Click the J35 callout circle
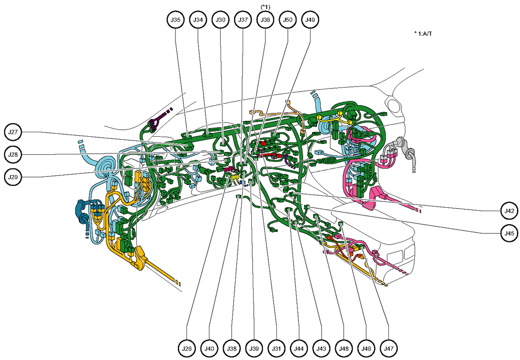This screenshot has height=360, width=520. pos(175,20)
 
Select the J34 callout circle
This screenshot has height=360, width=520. pos(198,20)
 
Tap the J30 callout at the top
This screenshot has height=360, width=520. pos(221,20)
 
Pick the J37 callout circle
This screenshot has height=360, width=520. pos(243,20)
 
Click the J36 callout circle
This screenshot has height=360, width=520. pos(265,20)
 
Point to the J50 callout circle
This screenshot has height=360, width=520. pos(288,20)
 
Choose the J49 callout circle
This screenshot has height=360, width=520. pos(310,20)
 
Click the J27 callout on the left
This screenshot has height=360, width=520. pos(14,132)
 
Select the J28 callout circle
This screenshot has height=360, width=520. pos(14,154)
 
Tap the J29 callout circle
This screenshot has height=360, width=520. pos(14,177)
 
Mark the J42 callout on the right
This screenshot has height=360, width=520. pos(509,211)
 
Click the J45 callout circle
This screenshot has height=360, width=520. pos(509,233)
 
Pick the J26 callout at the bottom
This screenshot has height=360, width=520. pos(187,348)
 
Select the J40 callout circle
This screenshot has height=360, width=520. pos(210,348)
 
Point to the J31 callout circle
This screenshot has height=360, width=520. pos(277,348)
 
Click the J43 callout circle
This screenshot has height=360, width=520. pos(322,348)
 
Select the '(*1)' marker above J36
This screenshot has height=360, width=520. pos(265,6)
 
